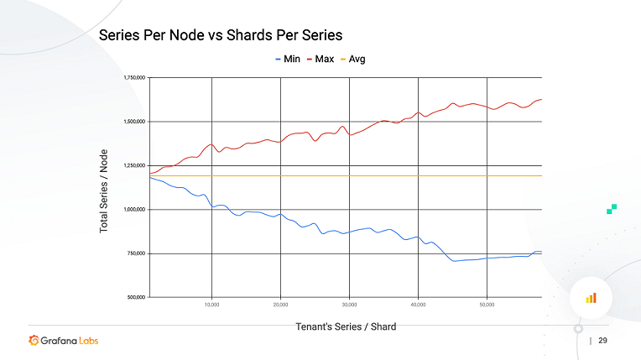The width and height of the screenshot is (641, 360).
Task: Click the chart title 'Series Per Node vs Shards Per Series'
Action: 221,35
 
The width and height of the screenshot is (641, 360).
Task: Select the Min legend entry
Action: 288,59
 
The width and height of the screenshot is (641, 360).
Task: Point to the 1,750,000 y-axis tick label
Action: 134,77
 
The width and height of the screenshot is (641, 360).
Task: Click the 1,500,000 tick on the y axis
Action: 134,122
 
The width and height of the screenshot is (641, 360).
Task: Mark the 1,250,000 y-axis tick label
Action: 134,165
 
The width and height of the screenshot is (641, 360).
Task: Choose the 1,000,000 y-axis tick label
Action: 134,209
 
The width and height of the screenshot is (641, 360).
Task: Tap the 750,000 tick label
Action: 136,253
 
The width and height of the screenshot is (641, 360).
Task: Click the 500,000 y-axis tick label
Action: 136,297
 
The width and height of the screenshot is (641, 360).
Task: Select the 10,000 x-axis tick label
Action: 211,305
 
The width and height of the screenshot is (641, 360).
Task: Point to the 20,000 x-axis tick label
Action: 280,305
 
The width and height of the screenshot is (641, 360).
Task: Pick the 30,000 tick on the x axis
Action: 349,305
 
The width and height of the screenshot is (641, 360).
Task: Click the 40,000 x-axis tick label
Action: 418,305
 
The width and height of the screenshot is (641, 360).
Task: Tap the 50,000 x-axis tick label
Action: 487,305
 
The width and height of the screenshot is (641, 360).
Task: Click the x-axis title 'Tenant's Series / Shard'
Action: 346,326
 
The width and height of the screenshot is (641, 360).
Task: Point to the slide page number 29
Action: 602,341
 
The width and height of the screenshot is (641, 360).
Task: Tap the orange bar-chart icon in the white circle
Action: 591,297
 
